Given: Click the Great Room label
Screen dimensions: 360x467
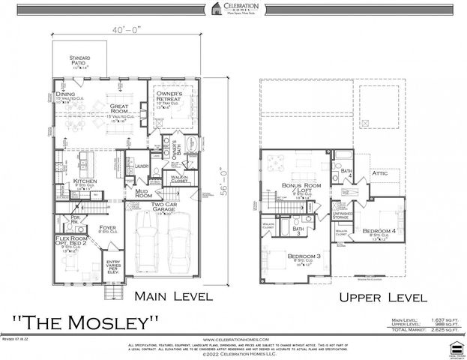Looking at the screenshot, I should tap(124, 91).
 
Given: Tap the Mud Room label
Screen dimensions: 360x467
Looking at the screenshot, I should tap(144, 193).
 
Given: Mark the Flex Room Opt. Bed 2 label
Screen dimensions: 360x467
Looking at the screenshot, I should tap(73, 241).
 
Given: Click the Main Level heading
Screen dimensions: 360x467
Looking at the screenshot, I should tap(173, 296).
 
